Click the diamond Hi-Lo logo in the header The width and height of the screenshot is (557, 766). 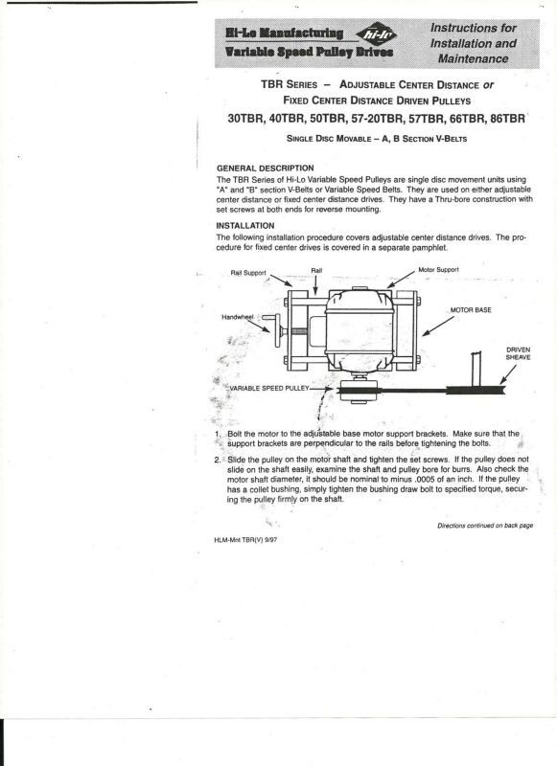[x=376, y=34]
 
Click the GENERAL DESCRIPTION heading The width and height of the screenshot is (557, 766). [x=265, y=169]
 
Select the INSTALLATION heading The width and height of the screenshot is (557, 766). [x=245, y=226]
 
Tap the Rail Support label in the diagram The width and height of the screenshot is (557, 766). [x=248, y=273]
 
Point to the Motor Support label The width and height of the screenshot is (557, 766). [x=438, y=270]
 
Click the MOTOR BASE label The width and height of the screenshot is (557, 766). [x=471, y=310]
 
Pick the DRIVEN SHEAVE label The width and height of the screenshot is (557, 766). [x=518, y=353]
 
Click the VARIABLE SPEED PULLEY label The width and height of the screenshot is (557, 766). [x=269, y=389]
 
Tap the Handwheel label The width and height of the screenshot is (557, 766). [x=237, y=317]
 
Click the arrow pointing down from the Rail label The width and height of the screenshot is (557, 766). [x=315, y=285]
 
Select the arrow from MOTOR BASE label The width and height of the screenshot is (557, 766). [x=438, y=326]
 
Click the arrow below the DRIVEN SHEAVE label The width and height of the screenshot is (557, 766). [x=507, y=374]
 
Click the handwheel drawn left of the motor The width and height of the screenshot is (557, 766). [x=276, y=330]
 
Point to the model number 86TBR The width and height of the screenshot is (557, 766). [x=507, y=119]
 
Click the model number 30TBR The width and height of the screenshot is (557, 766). [x=245, y=119]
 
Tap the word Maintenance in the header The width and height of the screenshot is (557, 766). [x=473, y=58]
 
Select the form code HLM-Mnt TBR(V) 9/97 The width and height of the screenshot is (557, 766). [x=245, y=540]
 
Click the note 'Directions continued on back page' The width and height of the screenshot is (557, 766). [x=485, y=526]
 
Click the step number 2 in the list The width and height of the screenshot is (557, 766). [x=217, y=460]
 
